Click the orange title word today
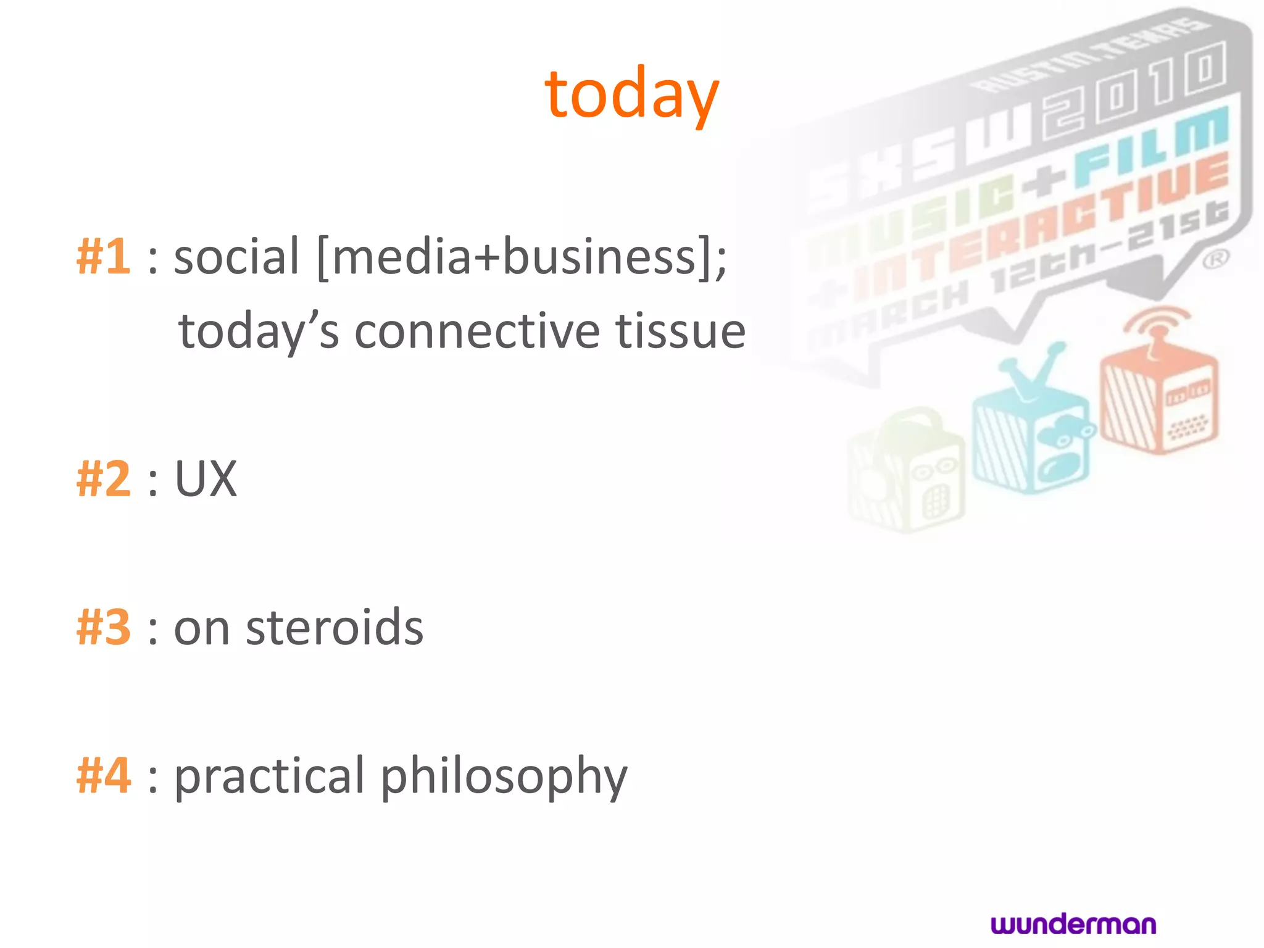point(631,94)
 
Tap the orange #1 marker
point(103,256)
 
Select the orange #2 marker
point(103,479)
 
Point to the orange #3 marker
point(103,628)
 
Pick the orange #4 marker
point(103,776)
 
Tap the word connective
point(477,331)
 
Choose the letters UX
point(206,479)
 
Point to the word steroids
point(335,628)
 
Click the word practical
point(270,777)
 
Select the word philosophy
point(503,777)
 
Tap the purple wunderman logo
point(1073,924)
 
